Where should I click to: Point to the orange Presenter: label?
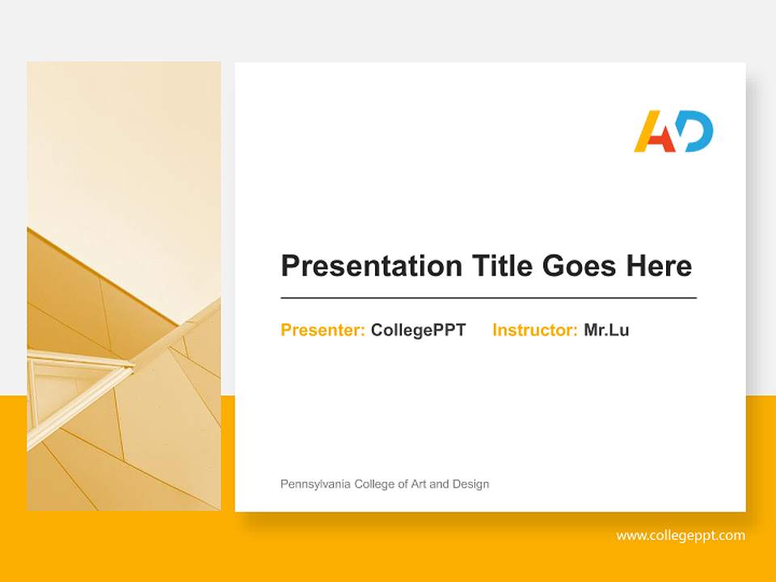coord(323,330)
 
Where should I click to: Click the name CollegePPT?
coord(418,330)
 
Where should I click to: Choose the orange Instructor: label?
coord(534,330)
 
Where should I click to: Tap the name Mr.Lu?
coord(606,330)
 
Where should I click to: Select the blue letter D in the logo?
coord(697,132)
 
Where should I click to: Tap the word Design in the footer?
coord(471,484)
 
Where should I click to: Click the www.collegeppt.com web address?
coord(681,535)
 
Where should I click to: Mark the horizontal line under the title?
coord(488,298)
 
